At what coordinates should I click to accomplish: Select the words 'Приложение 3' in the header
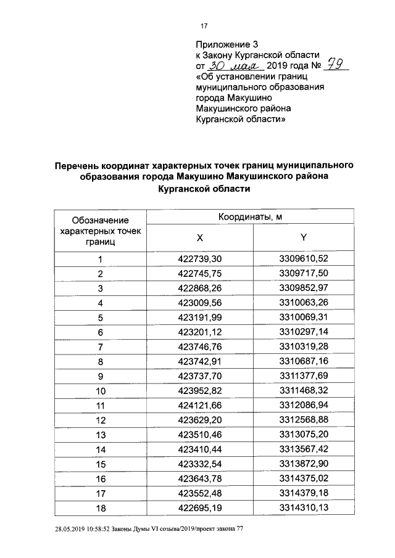[226, 44]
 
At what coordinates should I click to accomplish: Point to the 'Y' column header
[302, 238]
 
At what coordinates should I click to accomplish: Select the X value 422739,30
[199, 259]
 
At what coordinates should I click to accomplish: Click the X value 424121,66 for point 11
[199, 406]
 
